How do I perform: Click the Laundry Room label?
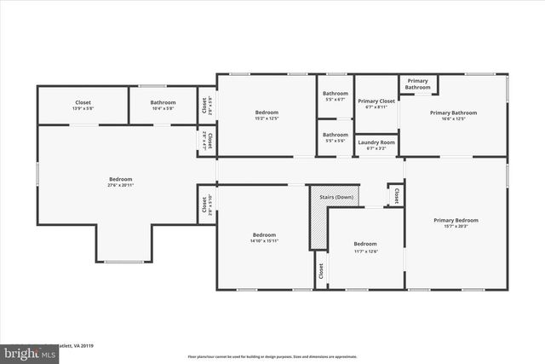pos(376,142)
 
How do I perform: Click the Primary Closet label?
pos(376,101)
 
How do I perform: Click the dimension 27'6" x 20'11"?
pos(120,185)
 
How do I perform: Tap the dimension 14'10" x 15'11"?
pos(264,241)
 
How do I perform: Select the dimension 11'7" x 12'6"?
pos(365,251)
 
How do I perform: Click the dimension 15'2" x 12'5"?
pos(267,118)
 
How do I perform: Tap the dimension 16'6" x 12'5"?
pos(453,118)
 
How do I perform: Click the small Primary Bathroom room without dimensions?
pos(417,84)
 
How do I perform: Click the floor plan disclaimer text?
pos(272,355)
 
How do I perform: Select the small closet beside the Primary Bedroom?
pos(396,195)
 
